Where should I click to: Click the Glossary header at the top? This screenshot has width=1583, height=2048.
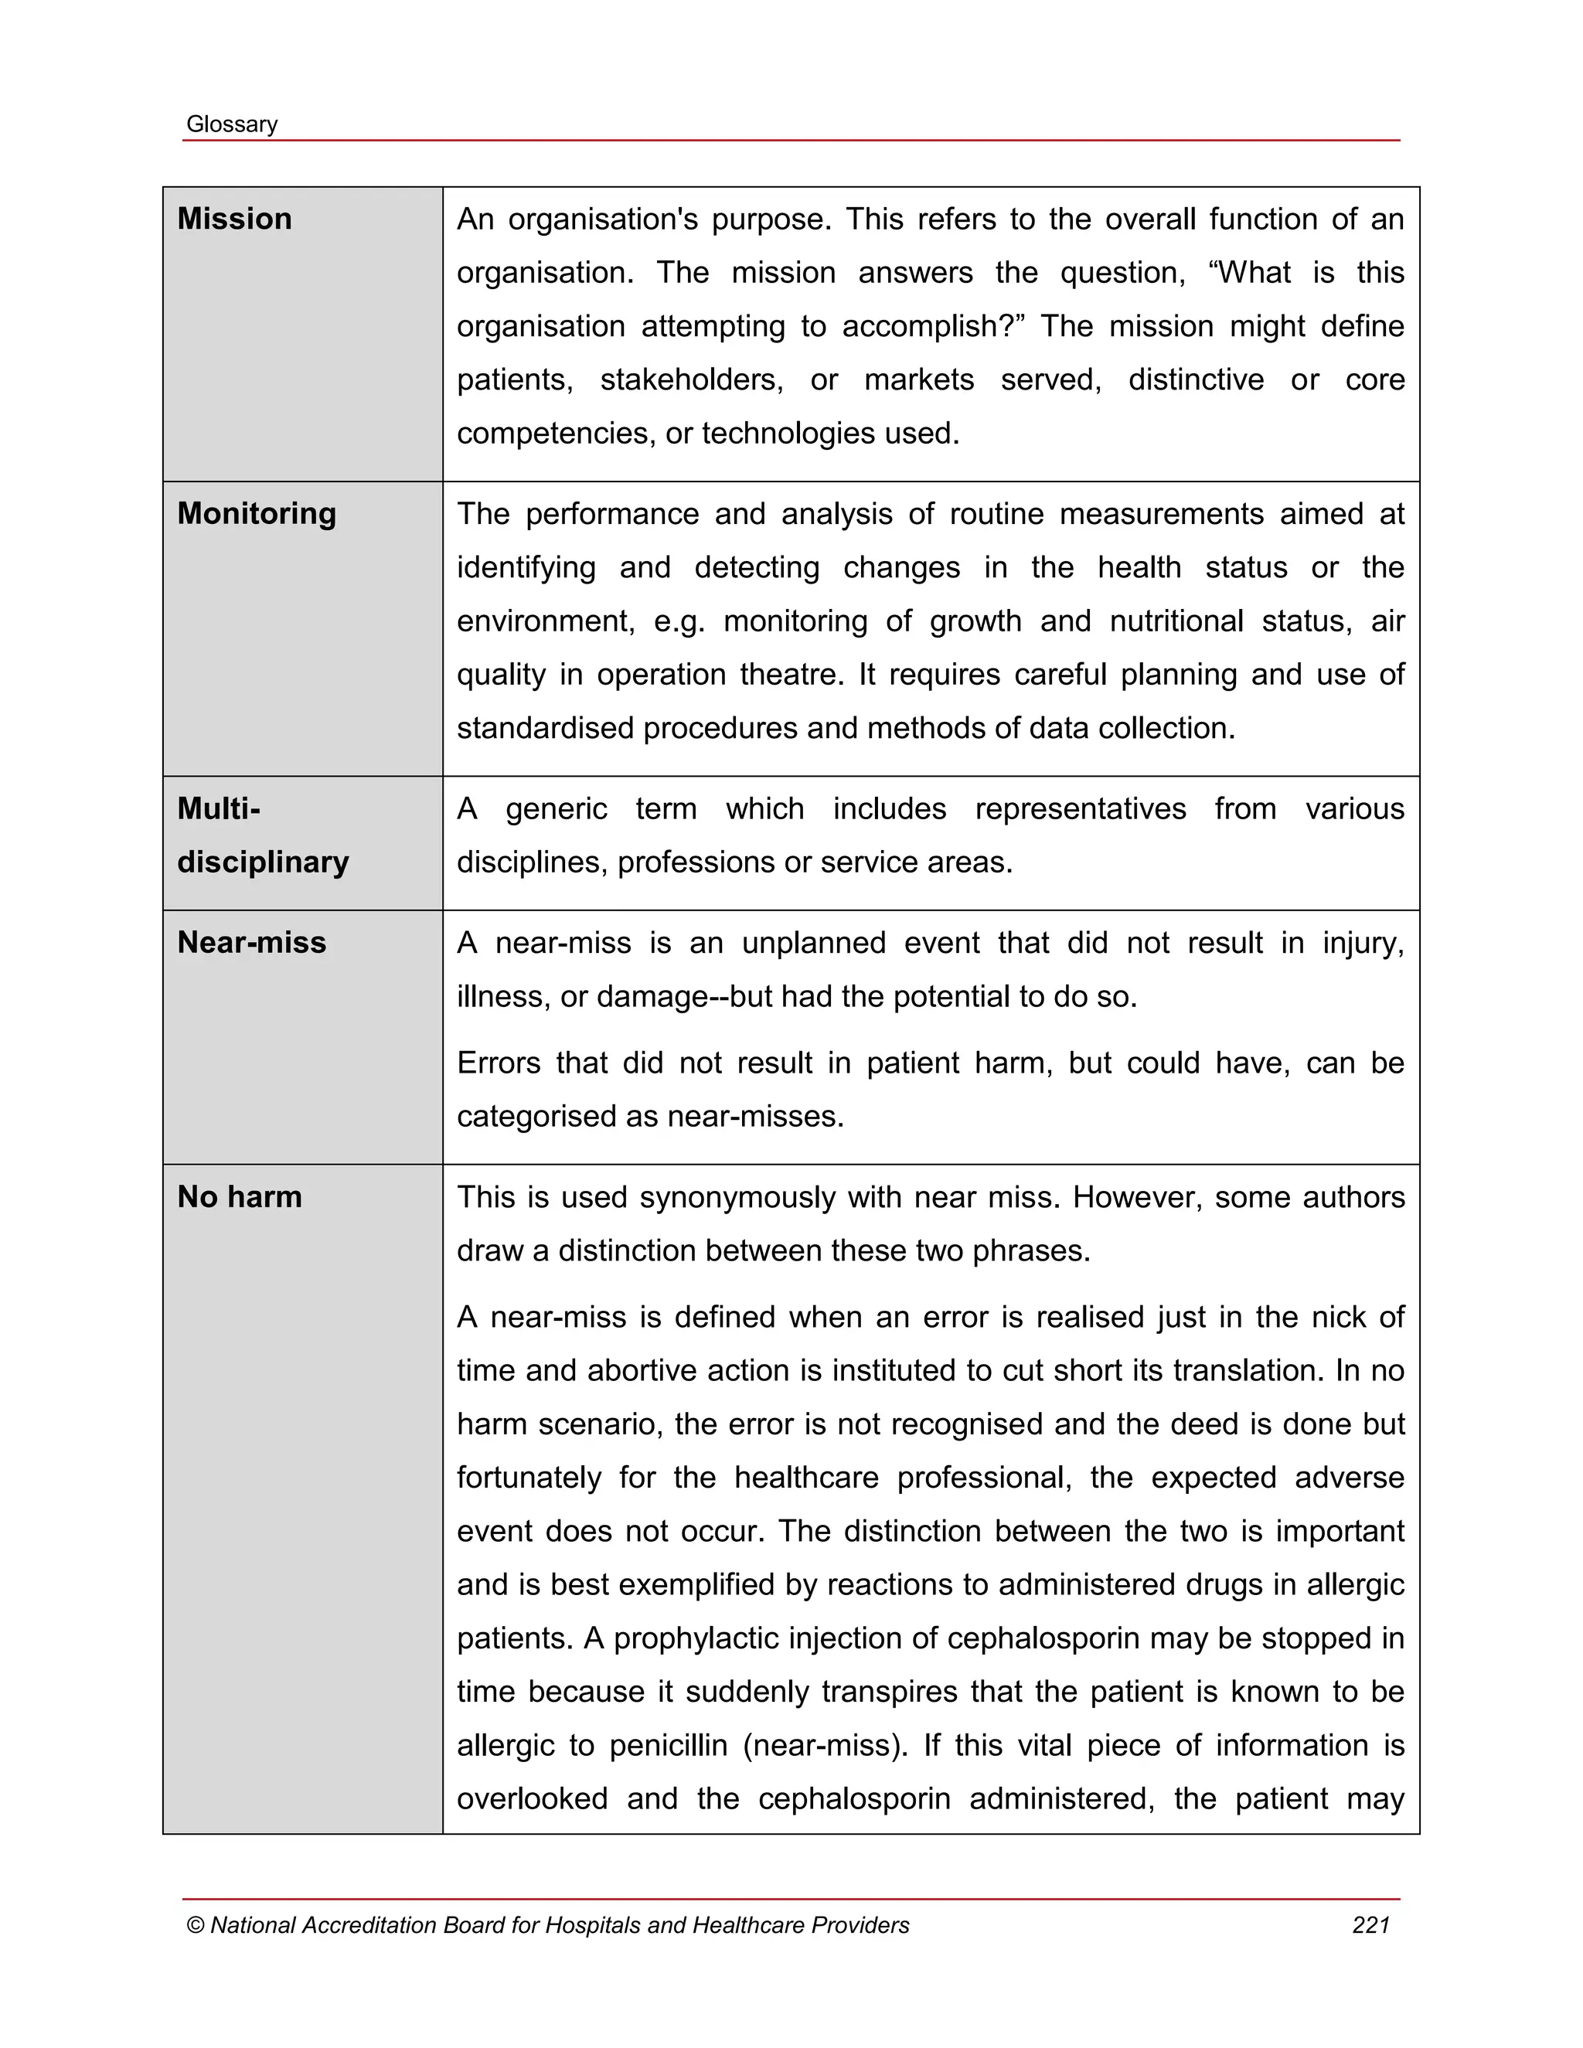coord(232,124)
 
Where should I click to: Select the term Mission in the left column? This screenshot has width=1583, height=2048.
coord(234,219)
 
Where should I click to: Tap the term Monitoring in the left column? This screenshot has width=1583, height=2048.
coord(256,513)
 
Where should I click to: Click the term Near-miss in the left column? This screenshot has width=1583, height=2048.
coord(251,941)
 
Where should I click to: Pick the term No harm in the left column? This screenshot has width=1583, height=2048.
coord(239,1196)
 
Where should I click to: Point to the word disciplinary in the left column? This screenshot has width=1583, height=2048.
coord(263,862)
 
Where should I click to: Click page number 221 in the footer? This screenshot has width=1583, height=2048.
coord(1370,1925)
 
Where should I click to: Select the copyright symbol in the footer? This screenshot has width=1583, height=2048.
coord(195,1925)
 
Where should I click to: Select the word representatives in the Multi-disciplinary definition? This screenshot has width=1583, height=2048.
coord(1081,808)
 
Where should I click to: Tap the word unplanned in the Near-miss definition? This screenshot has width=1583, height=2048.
coord(813,942)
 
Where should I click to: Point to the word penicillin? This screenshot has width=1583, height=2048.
coord(668,1745)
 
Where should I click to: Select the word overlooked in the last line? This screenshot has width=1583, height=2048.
coord(531,1798)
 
